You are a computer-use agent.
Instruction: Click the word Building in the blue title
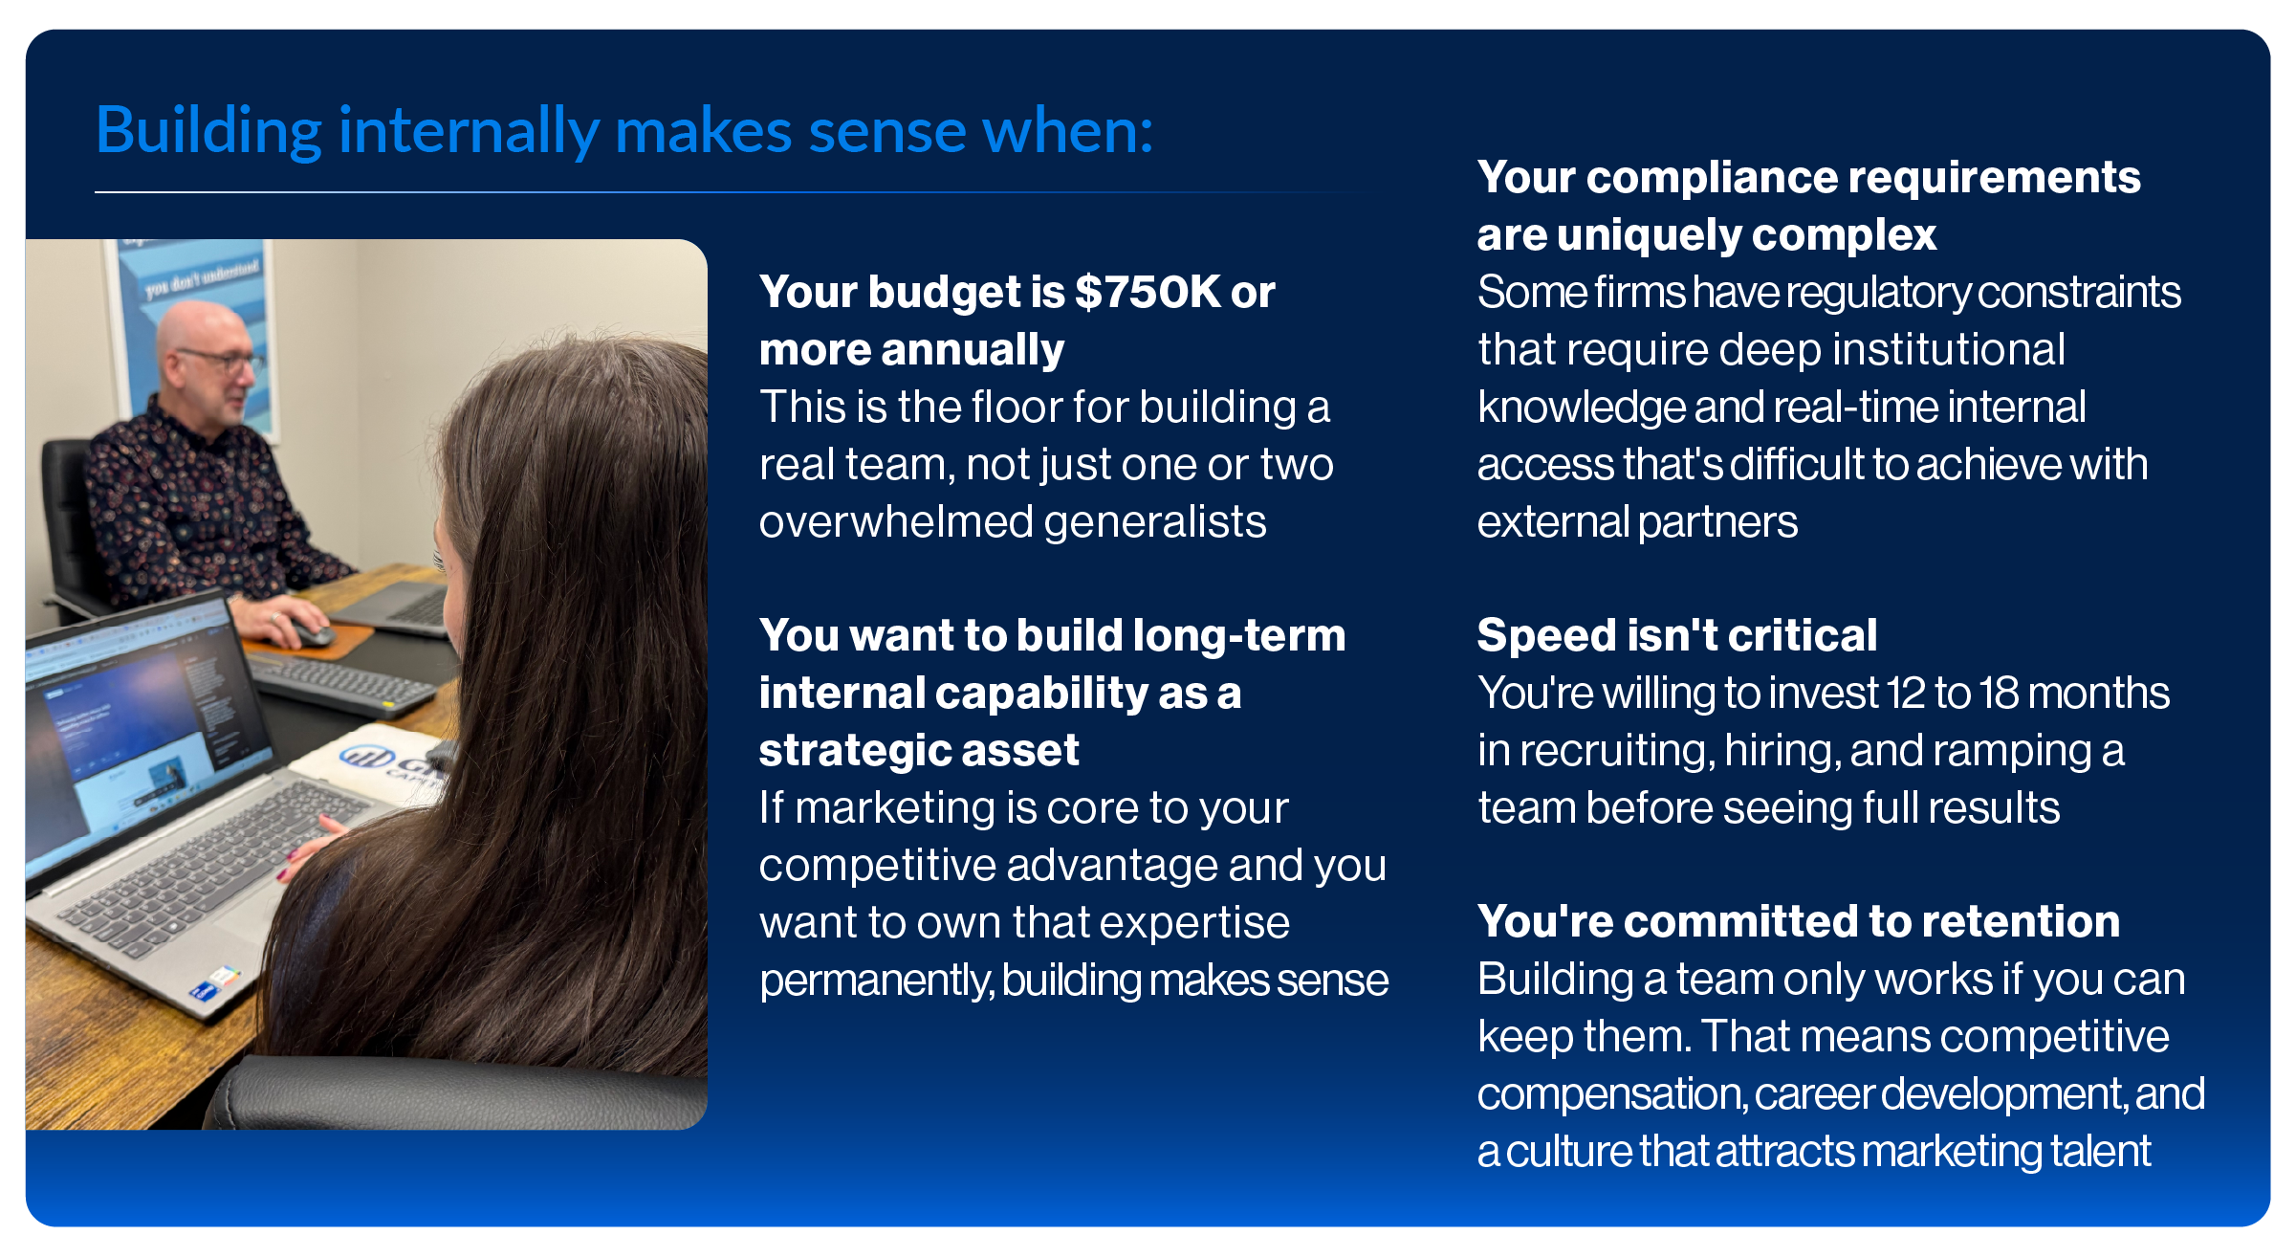point(208,132)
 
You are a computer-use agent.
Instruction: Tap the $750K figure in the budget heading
point(1148,292)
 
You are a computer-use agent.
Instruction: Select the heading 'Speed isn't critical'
point(1677,635)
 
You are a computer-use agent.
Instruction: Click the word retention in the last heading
point(2021,921)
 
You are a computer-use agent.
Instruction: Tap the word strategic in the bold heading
point(830,750)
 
